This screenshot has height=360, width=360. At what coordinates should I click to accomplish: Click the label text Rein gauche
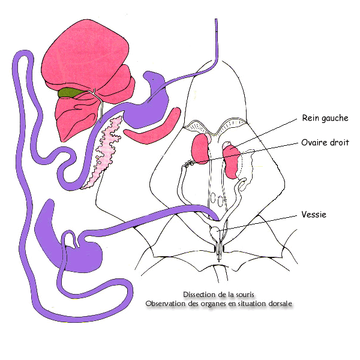pos(324,118)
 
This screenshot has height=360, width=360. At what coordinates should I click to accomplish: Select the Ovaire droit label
pos(325,143)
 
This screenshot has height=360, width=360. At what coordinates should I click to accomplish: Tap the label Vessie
pos(315,214)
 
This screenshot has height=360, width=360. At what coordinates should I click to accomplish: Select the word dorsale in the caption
pos(278,304)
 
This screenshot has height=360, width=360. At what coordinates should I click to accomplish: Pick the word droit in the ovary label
pos(338,143)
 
